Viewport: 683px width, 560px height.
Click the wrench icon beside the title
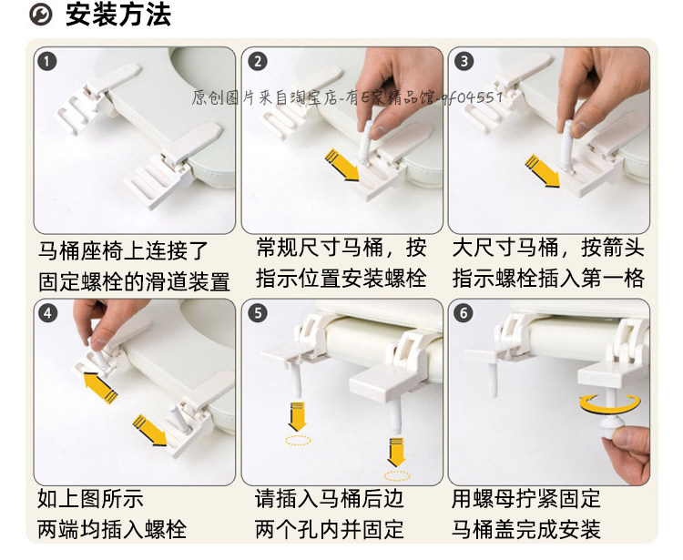click(40, 15)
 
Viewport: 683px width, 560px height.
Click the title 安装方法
click(118, 15)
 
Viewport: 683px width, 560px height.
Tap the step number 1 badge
click(47, 61)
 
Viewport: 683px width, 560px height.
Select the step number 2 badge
click(258, 61)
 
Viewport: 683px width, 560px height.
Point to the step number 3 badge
click(464, 61)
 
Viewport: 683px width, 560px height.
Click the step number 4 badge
click(47, 313)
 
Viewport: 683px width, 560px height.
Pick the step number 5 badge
click(258, 313)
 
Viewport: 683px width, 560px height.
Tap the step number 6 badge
click(463, 313)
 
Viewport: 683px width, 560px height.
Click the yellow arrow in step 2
click(342, 166)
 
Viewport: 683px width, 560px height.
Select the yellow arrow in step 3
click(543, 171)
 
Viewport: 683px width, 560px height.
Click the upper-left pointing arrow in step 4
click(100, 387)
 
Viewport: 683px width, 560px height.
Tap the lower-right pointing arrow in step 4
click(150, 430)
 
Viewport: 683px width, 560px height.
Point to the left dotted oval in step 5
click(299, 440)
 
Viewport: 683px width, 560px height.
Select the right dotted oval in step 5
click(397, 476)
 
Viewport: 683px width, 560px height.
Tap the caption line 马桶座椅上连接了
click(123, 251)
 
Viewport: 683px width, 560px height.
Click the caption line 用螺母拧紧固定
click(525, 499)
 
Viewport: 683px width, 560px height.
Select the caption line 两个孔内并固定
click(330, 530)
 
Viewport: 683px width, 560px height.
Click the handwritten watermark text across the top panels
click(347, 97)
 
